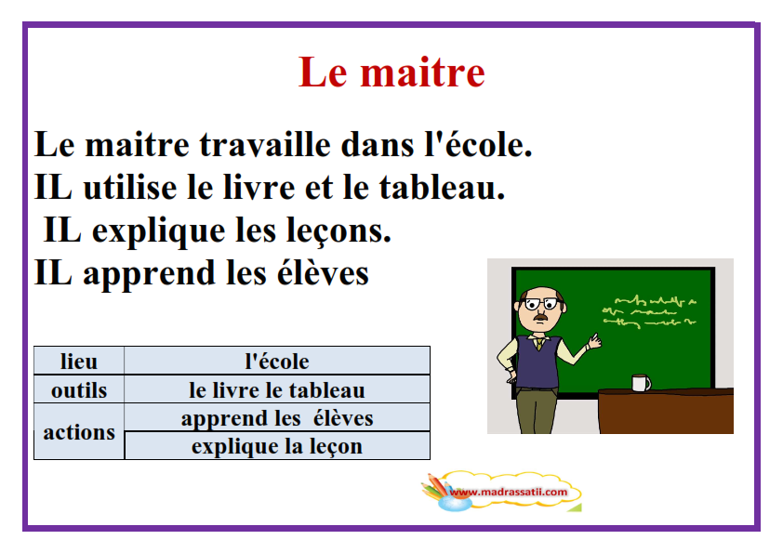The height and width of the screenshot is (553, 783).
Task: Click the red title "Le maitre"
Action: tap(391, 72)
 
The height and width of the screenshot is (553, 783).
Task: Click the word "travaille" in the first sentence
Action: tap(265, 145)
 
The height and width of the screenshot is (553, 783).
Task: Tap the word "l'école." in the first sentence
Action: tap(478, 144)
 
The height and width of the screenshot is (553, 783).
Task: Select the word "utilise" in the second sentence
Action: tap(130, 187)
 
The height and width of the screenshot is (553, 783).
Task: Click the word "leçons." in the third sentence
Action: tap(338, 231)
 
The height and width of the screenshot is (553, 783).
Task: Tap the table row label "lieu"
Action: tap(79, 361)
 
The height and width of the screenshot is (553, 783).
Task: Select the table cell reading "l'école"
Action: tap(277, 361)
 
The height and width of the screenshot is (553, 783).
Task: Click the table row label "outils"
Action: tap(79, 389)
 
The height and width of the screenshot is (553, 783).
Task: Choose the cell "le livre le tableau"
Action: tap(277, 389)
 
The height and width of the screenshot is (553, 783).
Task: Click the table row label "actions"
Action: tap(79, 432)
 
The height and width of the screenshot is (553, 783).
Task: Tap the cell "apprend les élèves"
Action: tap(277, 418)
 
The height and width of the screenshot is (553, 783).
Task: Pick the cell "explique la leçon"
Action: tap(277, 446)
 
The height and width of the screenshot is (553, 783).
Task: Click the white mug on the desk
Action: tap(641, 383)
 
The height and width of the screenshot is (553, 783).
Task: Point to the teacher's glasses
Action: tap(541, 303)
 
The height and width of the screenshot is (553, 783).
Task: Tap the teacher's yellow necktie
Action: tap(539, 344)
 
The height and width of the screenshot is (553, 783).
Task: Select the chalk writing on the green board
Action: tap(649, 312)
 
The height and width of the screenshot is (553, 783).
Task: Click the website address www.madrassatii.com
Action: tap(509, 492)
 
